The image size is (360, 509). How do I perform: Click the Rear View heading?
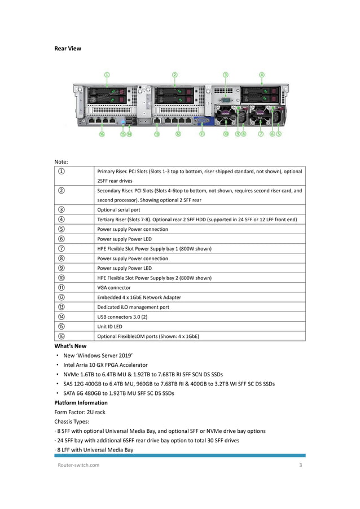(67, 49)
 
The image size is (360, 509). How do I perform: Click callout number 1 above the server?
(107, 74)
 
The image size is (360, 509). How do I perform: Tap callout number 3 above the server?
(225, 74)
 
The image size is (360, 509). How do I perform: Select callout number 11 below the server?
(201, 134)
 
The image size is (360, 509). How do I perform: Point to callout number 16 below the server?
(102, 134)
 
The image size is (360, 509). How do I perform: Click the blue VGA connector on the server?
(202, 120)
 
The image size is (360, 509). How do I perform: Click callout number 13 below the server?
(156, 134)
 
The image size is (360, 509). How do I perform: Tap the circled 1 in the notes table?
(60, 172)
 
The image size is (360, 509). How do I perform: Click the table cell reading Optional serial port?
(118, 210)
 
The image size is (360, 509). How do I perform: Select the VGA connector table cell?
(114, 288)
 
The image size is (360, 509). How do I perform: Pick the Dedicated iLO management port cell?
(133, 307)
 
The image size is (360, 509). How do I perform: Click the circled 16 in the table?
(60, 336)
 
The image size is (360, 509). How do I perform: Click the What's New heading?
(70, 346)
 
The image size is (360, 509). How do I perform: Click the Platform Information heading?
(81, 403)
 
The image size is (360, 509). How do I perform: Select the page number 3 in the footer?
(301, 465)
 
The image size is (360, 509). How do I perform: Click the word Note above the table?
(61, 161)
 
